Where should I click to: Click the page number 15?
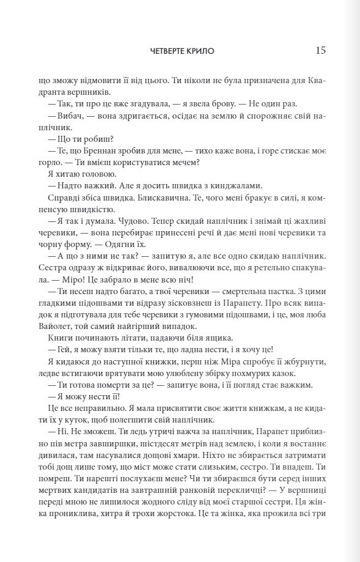(x=320, y=50)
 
